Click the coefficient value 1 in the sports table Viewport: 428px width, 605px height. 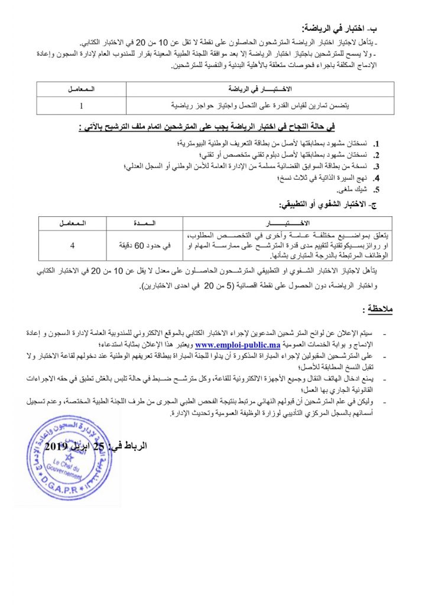pyautogui.click(x=81, y=106)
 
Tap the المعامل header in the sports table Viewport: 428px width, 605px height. pyautogui.click(x=81, y=89)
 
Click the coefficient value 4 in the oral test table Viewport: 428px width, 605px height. pyautogui.click(x=72, y=245)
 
